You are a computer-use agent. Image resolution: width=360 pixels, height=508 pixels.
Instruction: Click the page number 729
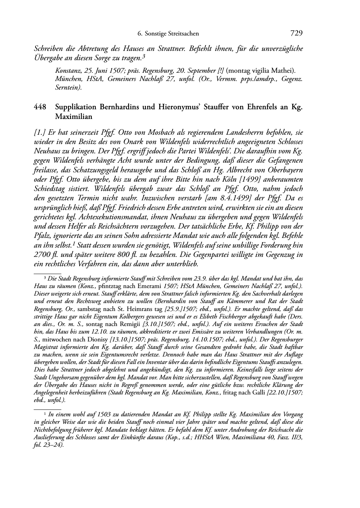point(296,34)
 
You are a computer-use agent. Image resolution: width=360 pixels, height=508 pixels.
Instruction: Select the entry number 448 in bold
point(40,107)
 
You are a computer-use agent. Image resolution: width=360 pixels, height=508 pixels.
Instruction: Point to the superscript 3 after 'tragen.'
point(143,56)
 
